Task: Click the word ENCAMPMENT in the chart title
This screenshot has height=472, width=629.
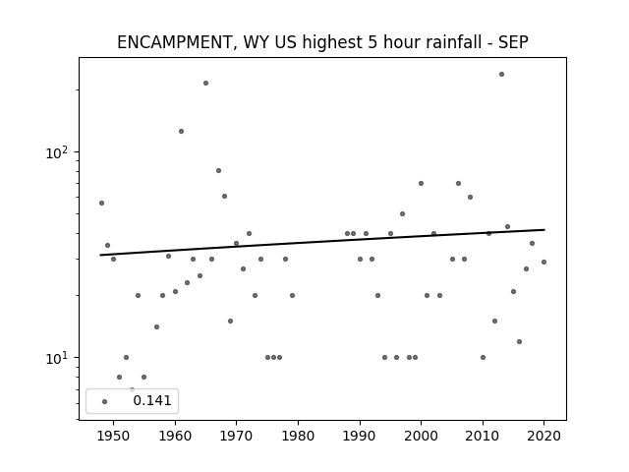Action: [174, 42]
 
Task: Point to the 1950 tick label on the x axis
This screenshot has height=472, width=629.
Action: [113, 436]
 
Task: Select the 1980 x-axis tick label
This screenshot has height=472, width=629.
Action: [298, 436]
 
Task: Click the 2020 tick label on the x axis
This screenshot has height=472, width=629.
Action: [543, 436]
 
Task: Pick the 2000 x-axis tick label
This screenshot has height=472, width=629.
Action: [421, 436]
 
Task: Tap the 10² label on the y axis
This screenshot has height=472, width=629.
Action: [59, 152]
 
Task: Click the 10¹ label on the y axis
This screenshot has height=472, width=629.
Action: [59, 358]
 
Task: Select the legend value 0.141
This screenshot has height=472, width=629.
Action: [152, 400]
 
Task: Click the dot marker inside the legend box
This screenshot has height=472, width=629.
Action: [105, 401]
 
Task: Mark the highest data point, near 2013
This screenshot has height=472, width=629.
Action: [501, 75]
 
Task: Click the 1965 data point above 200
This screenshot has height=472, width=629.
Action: [205, 83]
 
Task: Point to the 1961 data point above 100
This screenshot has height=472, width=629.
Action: [181, 131]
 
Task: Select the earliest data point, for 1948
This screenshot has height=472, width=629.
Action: [101, 204]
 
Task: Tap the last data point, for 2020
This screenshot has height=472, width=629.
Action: [543, 263]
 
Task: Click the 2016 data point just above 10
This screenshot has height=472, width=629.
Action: [520, 341]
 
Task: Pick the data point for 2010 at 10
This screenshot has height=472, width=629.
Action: [483, 357]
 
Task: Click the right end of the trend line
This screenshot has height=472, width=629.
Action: [544, 229]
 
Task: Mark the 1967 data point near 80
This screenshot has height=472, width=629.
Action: [218, 170]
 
